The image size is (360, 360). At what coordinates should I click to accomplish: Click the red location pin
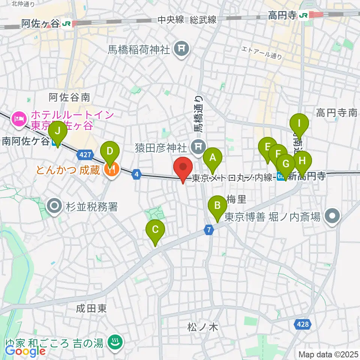183,168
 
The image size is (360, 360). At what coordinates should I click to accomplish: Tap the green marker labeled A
213,158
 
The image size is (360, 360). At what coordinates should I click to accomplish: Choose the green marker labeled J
58,132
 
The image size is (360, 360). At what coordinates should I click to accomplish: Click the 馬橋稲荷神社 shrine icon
181,49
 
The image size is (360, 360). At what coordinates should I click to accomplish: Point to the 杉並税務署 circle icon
55,206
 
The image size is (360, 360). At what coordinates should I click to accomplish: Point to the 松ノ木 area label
202,327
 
